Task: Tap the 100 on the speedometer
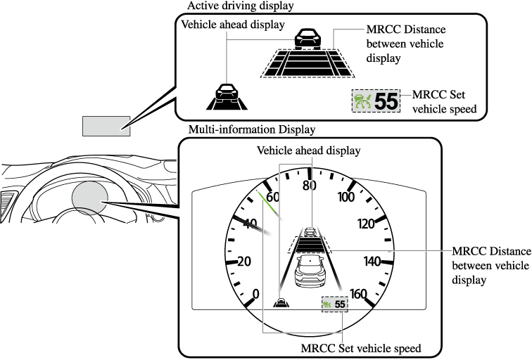pos(346,197)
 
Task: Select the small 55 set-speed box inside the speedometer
pos(335,304)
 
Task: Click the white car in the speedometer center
pos(308,271)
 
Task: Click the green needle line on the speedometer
pos(269,204)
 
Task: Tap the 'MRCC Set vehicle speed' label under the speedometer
pos(360,348)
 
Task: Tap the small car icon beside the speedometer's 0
pos(281,303)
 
